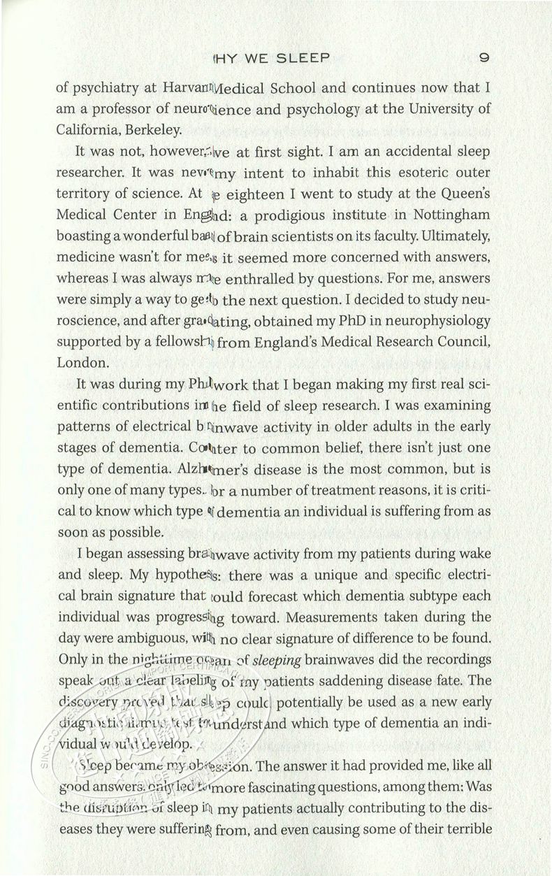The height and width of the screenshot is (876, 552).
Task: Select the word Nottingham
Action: pyautogui.click(x=449, y=215)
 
